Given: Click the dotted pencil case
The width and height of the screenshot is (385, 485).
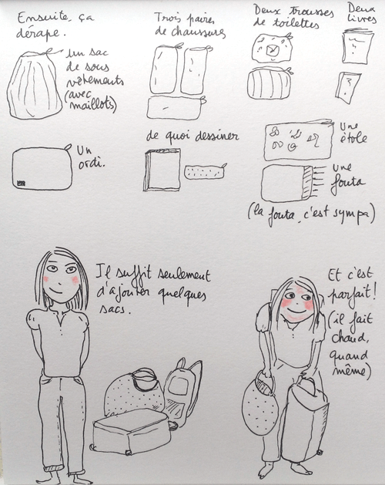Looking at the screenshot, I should coord(206,170).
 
